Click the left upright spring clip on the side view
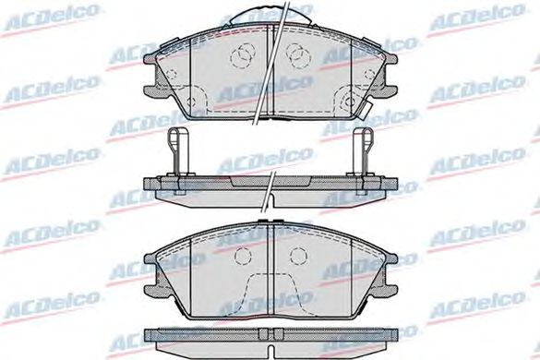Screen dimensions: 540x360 [178, 151]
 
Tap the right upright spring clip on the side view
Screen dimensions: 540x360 [364, 151]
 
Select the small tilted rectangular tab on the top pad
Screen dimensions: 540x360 [365, 110]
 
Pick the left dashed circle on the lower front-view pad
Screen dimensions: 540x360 [243, 256]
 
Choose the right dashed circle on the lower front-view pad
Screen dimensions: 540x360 [298, 256]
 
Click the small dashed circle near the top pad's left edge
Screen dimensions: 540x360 [171, 74]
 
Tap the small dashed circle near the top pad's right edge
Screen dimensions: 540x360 [369, 74]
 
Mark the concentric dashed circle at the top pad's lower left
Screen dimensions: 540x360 [191, 102]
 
